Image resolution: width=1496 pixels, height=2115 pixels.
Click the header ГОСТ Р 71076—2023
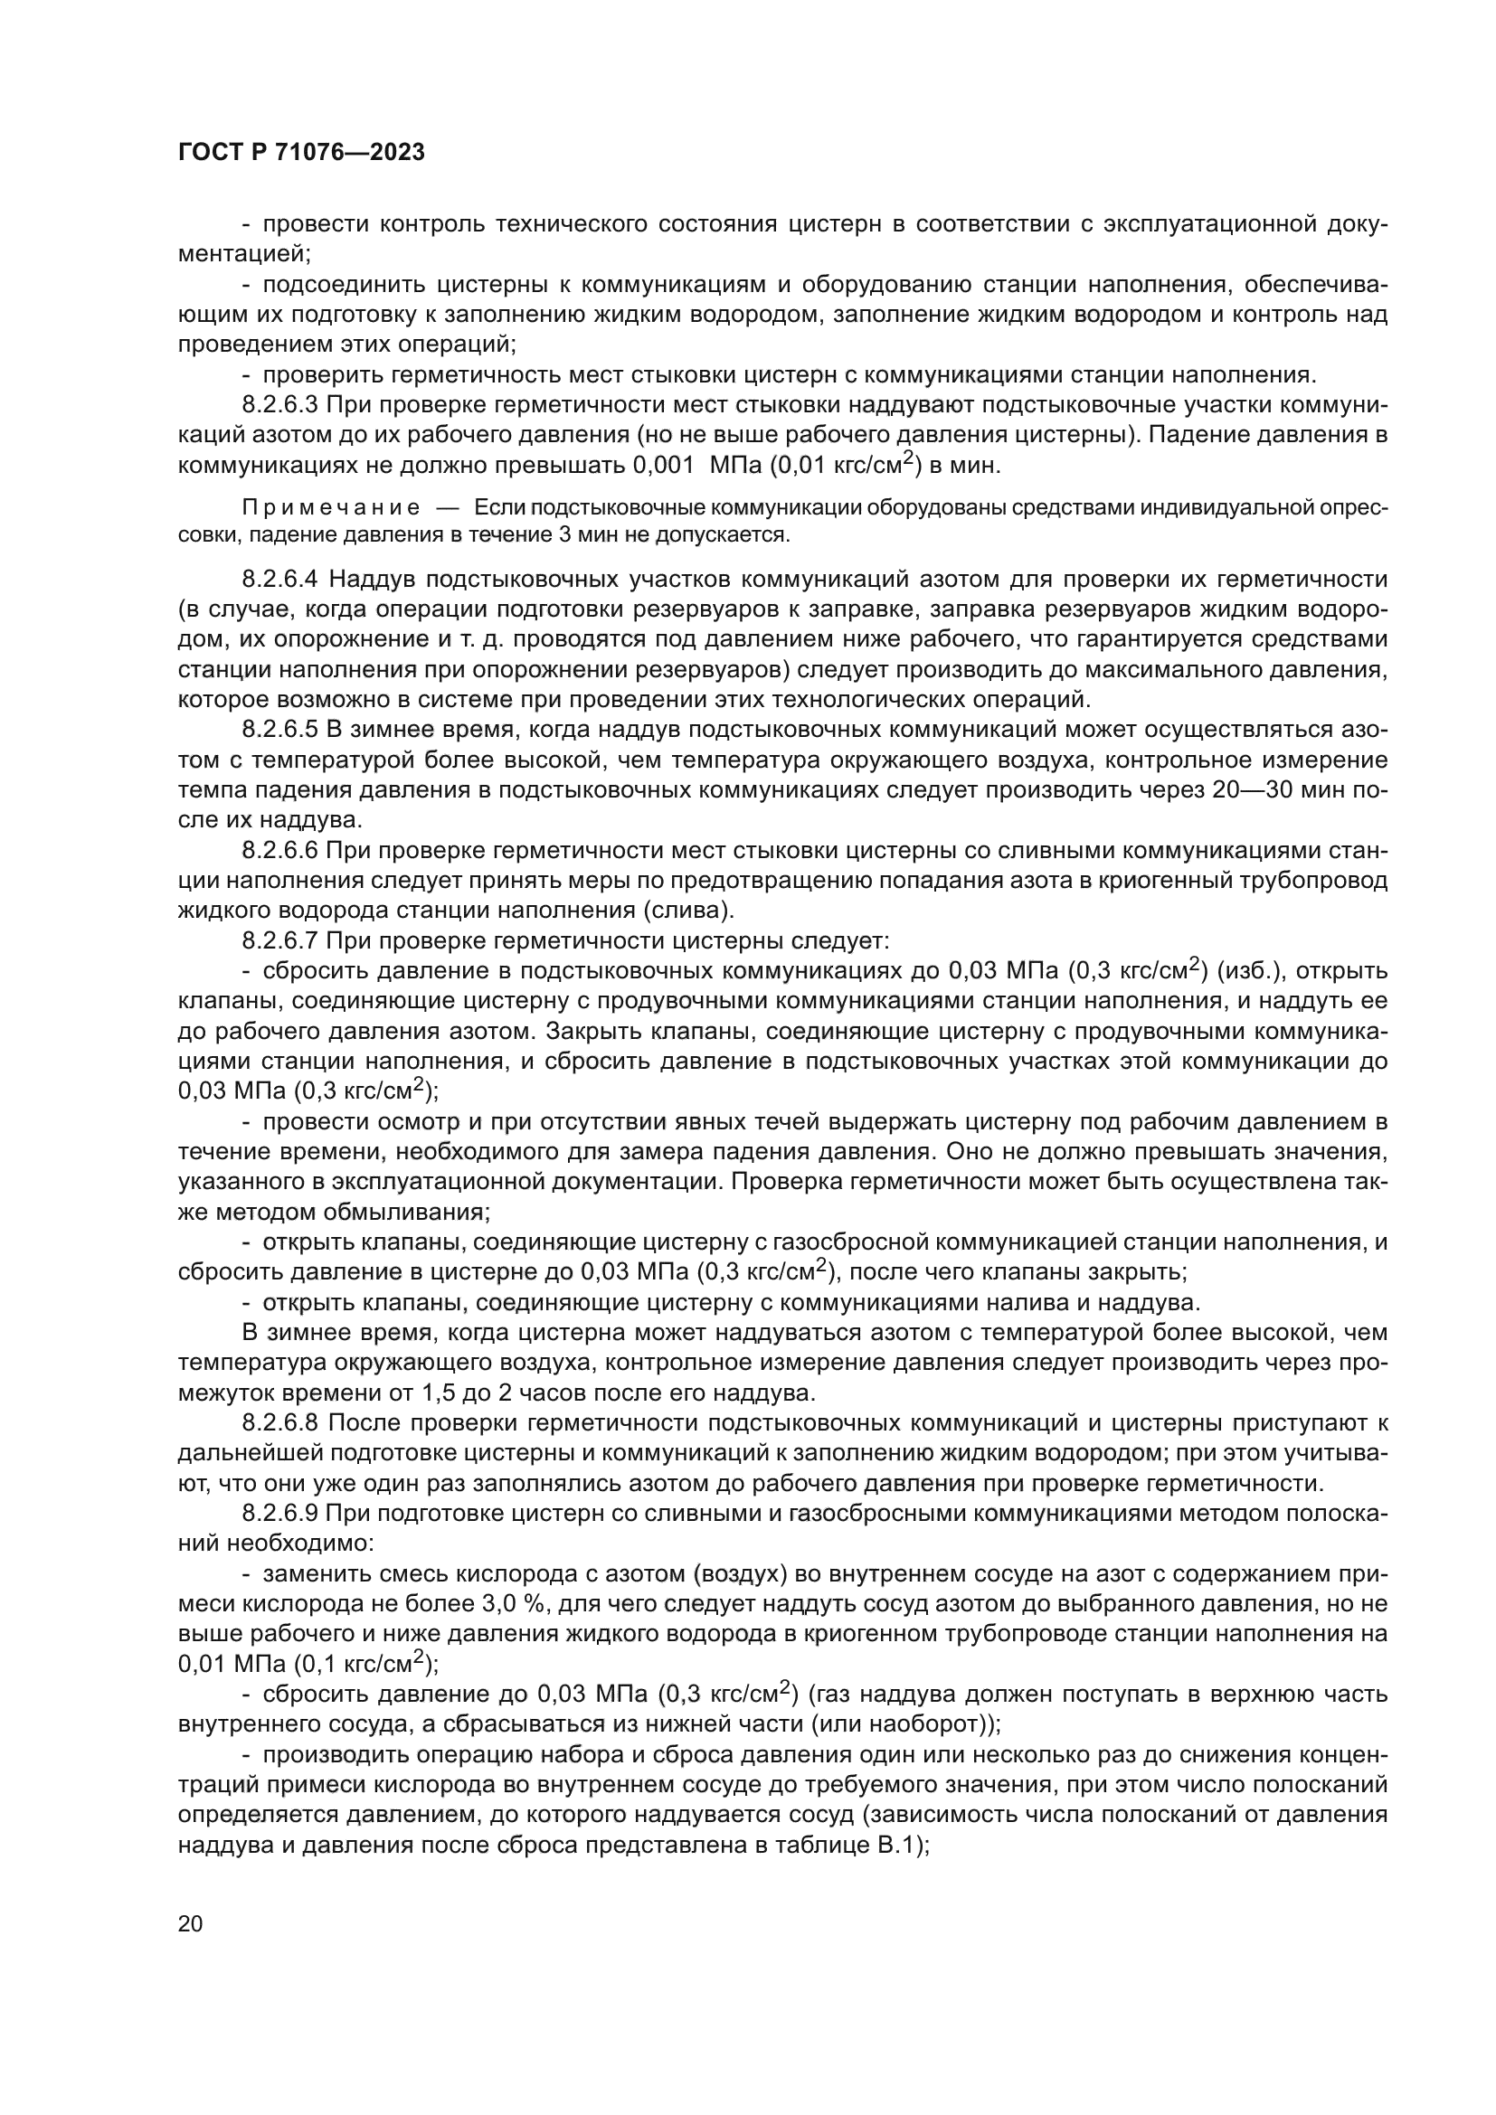[x=301, y=153]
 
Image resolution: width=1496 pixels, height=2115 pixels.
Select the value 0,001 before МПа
[x=663, y=465]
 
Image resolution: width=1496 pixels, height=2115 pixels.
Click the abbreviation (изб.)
[x=1252, y=971]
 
